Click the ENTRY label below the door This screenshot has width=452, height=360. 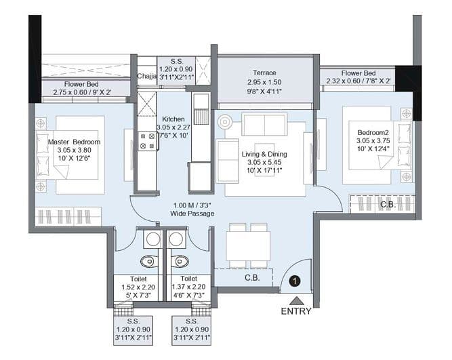pyautogui.click(x=295, y=311)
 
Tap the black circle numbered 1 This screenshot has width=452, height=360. pyautogui.click(x=295, y=279)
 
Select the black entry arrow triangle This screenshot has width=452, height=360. pyautogui.click(x=295, y=300)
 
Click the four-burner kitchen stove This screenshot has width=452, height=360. pyautogui.click(x=148, y=140)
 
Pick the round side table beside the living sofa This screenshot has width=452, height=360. pyautogui.click(x=224, y=123)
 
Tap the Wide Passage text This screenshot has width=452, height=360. pyautogui.click(x=192, y=214)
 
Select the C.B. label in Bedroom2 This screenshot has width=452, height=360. pyautogui.click(x=388, y=204)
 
